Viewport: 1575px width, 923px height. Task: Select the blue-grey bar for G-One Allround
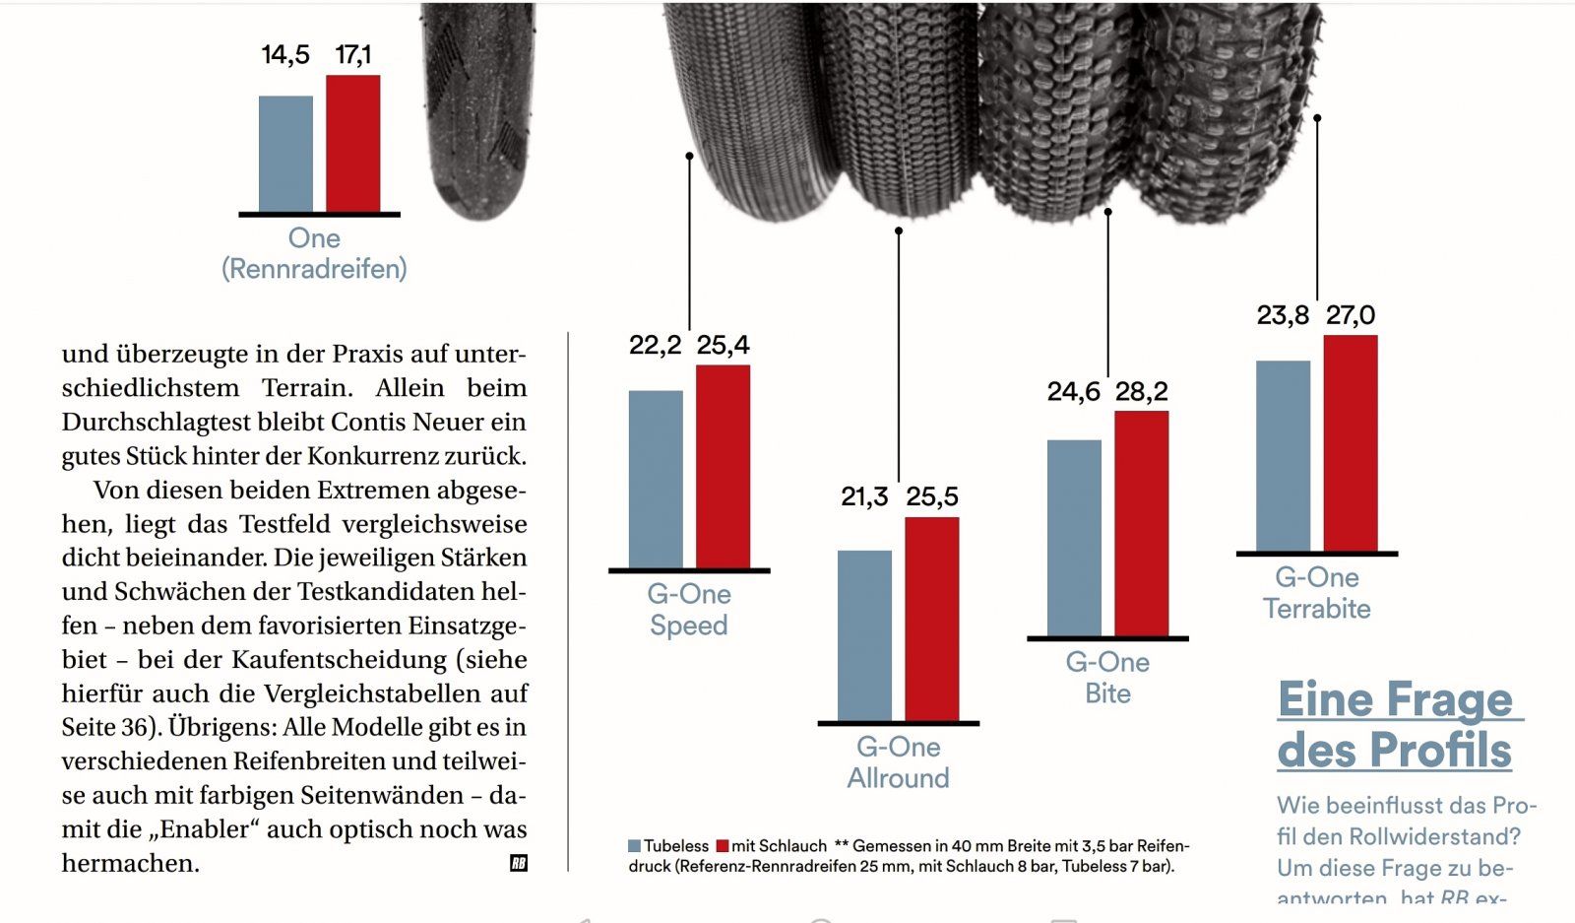[864, 635]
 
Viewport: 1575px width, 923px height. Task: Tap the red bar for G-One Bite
[1141, 523]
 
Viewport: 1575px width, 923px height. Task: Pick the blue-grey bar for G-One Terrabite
[1283, 455]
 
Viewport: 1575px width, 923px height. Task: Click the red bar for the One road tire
[352, 143]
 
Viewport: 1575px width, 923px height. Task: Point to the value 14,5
[284, 55]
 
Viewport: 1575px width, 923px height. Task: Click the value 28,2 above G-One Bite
[1141, 392]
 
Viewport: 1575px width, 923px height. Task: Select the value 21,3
[864, 496]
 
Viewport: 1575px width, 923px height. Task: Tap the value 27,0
[1350, 315]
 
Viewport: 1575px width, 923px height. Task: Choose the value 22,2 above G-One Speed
[655, 345]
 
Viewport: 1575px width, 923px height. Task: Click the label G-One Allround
[898, 762]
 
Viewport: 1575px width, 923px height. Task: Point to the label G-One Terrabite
[1316, 593]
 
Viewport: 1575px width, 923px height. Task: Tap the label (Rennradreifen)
[314, 269]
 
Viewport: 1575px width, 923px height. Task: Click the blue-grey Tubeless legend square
[635, 846]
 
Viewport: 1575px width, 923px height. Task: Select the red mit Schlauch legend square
[723, 846]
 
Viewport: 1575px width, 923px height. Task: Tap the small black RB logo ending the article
[519, 863]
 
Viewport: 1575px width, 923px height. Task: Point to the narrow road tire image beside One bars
[479, 108]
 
